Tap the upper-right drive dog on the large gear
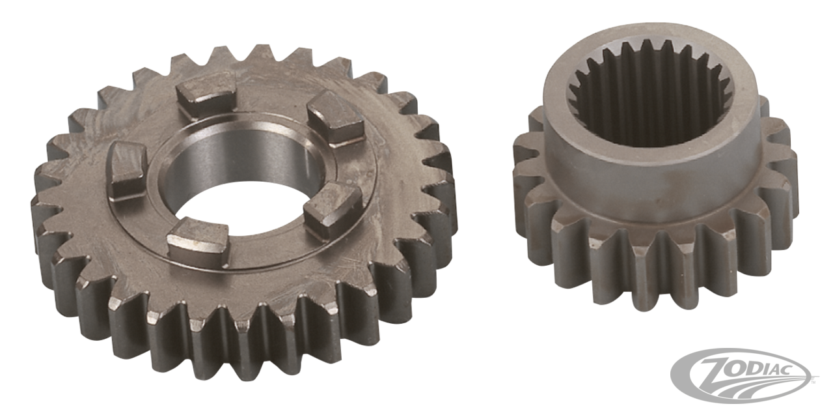click(x=335, y=119)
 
